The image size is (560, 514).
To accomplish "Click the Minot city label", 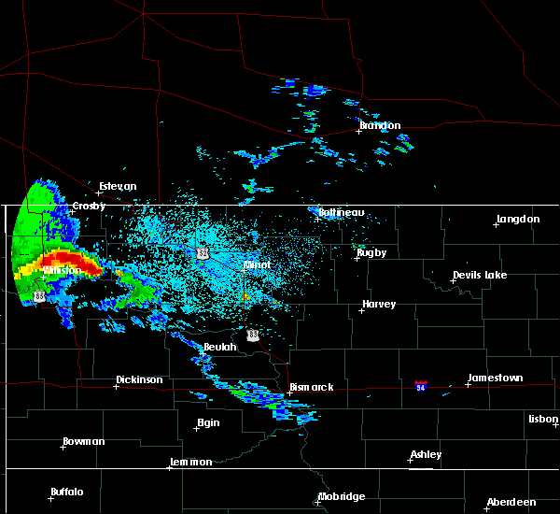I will point(257,264).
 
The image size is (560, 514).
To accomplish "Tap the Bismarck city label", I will point(311,387).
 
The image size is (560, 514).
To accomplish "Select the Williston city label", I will point(63,270).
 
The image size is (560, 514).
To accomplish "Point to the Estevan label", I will point(118,186).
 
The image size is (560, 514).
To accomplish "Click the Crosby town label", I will point(90,206).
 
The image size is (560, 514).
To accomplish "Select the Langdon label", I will point(518,219).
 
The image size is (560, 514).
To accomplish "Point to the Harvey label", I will point(379,304).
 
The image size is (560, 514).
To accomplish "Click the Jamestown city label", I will point(495,378).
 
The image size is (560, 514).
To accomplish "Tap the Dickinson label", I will point(139,379).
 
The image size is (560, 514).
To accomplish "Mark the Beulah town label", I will point(220,347).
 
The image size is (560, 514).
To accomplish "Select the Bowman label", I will point(84,441).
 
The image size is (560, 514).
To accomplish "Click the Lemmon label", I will point(192,462).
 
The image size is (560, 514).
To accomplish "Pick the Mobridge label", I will point(342,496).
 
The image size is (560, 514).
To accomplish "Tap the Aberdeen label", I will point(512,502).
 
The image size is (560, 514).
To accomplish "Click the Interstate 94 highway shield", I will point(422,385).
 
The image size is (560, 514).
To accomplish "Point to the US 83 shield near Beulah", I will point(253,334).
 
